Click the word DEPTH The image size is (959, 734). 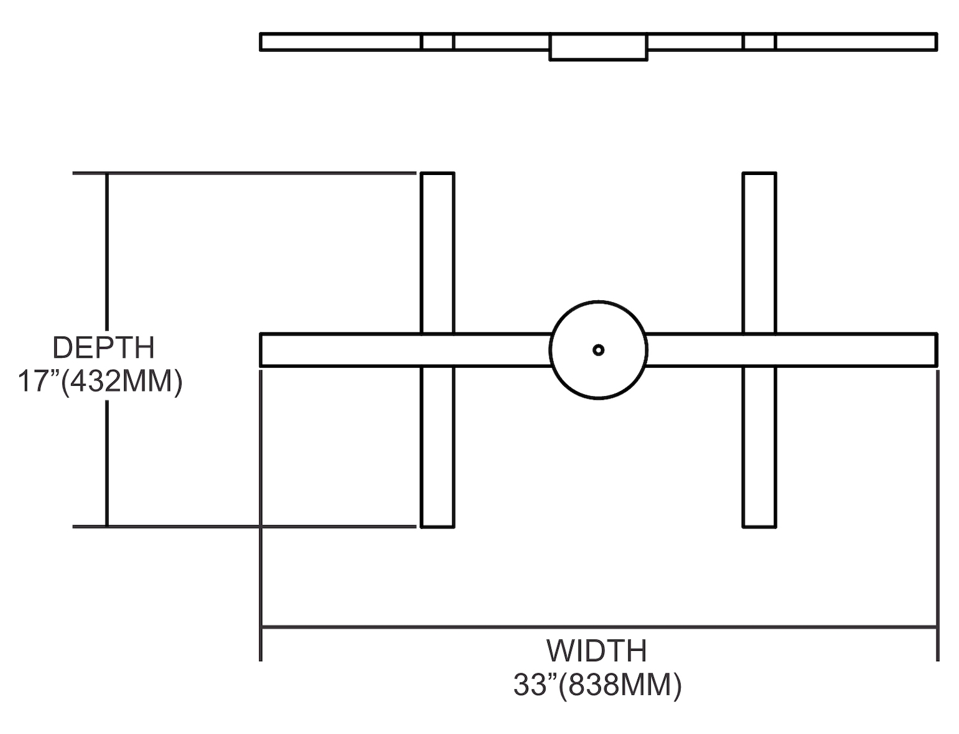(x=104, y=348)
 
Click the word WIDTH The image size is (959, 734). (x=596, y=651)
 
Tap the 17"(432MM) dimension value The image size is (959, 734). (x=100, y=381)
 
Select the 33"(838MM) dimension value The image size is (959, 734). (x=597, y=685)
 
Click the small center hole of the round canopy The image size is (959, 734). (x=598, y=350)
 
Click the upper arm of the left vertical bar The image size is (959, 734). (x=438, y=252)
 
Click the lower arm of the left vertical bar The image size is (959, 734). (x=438, y=447)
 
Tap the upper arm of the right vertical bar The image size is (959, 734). (x=760, y=252)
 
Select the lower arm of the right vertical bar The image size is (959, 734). (x=760, y=447)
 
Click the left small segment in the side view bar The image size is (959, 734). (x=437, y=42)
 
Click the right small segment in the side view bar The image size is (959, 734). (x=760, y=42)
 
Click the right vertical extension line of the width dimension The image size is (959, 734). (x=937, y=511)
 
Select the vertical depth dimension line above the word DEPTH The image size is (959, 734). (x=107, y=256)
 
